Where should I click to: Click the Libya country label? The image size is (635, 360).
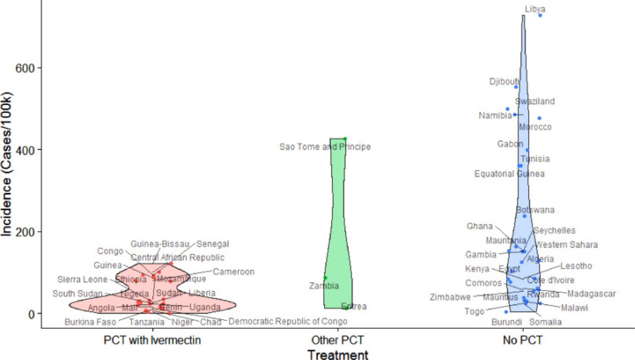[x=535, y=9]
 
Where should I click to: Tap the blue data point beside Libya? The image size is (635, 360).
[x=540, y=15]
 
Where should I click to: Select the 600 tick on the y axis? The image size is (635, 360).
[x=25, y=68]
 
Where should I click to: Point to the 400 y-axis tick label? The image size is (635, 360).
[x=25, y=150]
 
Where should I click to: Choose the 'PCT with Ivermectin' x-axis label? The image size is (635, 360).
[x=152, y=340]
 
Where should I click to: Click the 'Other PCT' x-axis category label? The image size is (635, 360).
[x=337, y=340]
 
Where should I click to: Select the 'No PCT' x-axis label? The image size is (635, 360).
[x=522, y=340]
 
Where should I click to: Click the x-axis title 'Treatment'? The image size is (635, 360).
[x=337, y=355]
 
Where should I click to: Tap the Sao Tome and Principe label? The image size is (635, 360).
[x=325, y=147]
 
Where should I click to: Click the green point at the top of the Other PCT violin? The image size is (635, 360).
[x=345, y=139]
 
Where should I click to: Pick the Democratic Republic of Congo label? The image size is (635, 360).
[x=288, y=321]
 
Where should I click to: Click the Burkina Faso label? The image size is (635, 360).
[x=90, y=322]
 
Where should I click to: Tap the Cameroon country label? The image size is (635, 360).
[x=234, y=272]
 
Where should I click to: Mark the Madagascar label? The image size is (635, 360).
[x=591, y=294]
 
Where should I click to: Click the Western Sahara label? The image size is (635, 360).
[x=566, y=245]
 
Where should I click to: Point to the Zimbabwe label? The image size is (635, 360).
[x=450, y=297]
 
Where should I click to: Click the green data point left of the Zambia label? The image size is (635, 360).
[x=325, y=278]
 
